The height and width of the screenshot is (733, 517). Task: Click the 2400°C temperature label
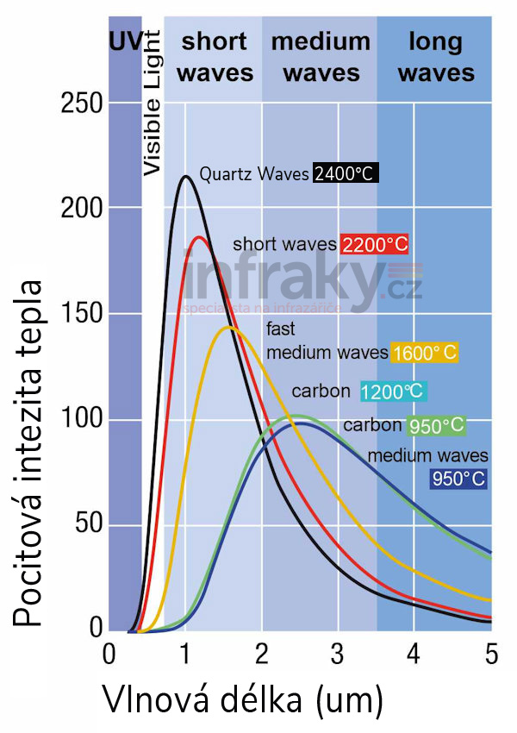pyautogui.click(x=346, y=173)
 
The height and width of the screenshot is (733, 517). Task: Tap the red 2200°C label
pyautogui.click(x=374, y=244)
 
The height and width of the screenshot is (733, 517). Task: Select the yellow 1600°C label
pyautogui.click(x=423, y=352)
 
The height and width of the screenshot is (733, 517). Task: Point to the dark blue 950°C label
pyautogui.click(x=458, y=478)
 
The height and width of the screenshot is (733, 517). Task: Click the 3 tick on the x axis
pyautogui.click(x=338, y=653)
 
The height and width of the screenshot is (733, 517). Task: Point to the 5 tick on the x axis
pyautogui.click(x=490, y=653)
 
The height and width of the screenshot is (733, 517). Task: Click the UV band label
pyautogui.click(x=124, y=40)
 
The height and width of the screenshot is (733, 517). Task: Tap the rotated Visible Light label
pyautogui.click(x=152, y=103)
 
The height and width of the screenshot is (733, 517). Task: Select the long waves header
pyautogui.click(x=436, y=56)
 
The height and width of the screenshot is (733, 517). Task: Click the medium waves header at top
pyautogui.click(x=321, y=56)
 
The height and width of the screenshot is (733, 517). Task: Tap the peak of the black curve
pyautogui.click(x=185, y=177)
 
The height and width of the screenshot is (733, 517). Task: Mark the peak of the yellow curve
pyautogui.click(x=228, y=327)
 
